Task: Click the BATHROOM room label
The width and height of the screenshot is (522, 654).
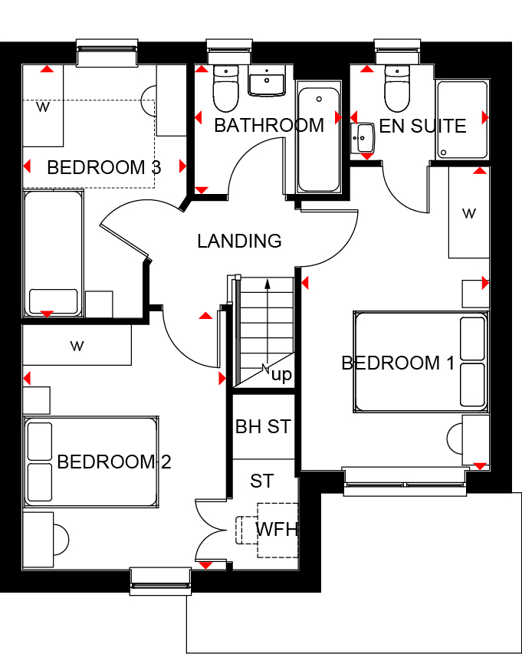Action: (x=269, y=126)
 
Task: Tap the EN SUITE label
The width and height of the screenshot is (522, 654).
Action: (x=422, y=126)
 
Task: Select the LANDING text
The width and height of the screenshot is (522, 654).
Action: (x=239, y=241)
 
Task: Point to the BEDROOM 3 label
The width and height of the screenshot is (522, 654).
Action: (x=103, y=167)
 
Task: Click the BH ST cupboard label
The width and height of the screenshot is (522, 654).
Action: (x=263, y=427)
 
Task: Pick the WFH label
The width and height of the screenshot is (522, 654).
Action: (x=277, y=530)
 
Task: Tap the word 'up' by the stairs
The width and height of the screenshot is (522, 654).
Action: (x=281, y=376)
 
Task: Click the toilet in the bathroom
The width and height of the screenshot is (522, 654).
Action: (x=225, y=88)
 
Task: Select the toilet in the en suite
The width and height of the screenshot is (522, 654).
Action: (x=397, y=88)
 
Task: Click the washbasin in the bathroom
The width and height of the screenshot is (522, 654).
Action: (x=267, y=80)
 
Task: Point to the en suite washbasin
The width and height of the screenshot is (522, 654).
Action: (x=363, y=138)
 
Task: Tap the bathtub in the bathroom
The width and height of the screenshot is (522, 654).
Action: (x=319, y=140)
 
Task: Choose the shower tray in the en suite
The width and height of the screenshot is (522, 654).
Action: (x=462, y=120)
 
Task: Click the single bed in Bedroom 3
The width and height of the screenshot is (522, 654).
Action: (x=53, y=253)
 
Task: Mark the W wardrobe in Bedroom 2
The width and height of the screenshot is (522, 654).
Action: (x=77, y=345)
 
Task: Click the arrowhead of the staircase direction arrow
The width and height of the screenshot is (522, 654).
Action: (x=268, y=284)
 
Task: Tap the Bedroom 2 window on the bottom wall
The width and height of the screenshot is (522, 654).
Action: (x=160, y=581)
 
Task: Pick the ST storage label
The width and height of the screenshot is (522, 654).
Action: (x=262, y=481)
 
